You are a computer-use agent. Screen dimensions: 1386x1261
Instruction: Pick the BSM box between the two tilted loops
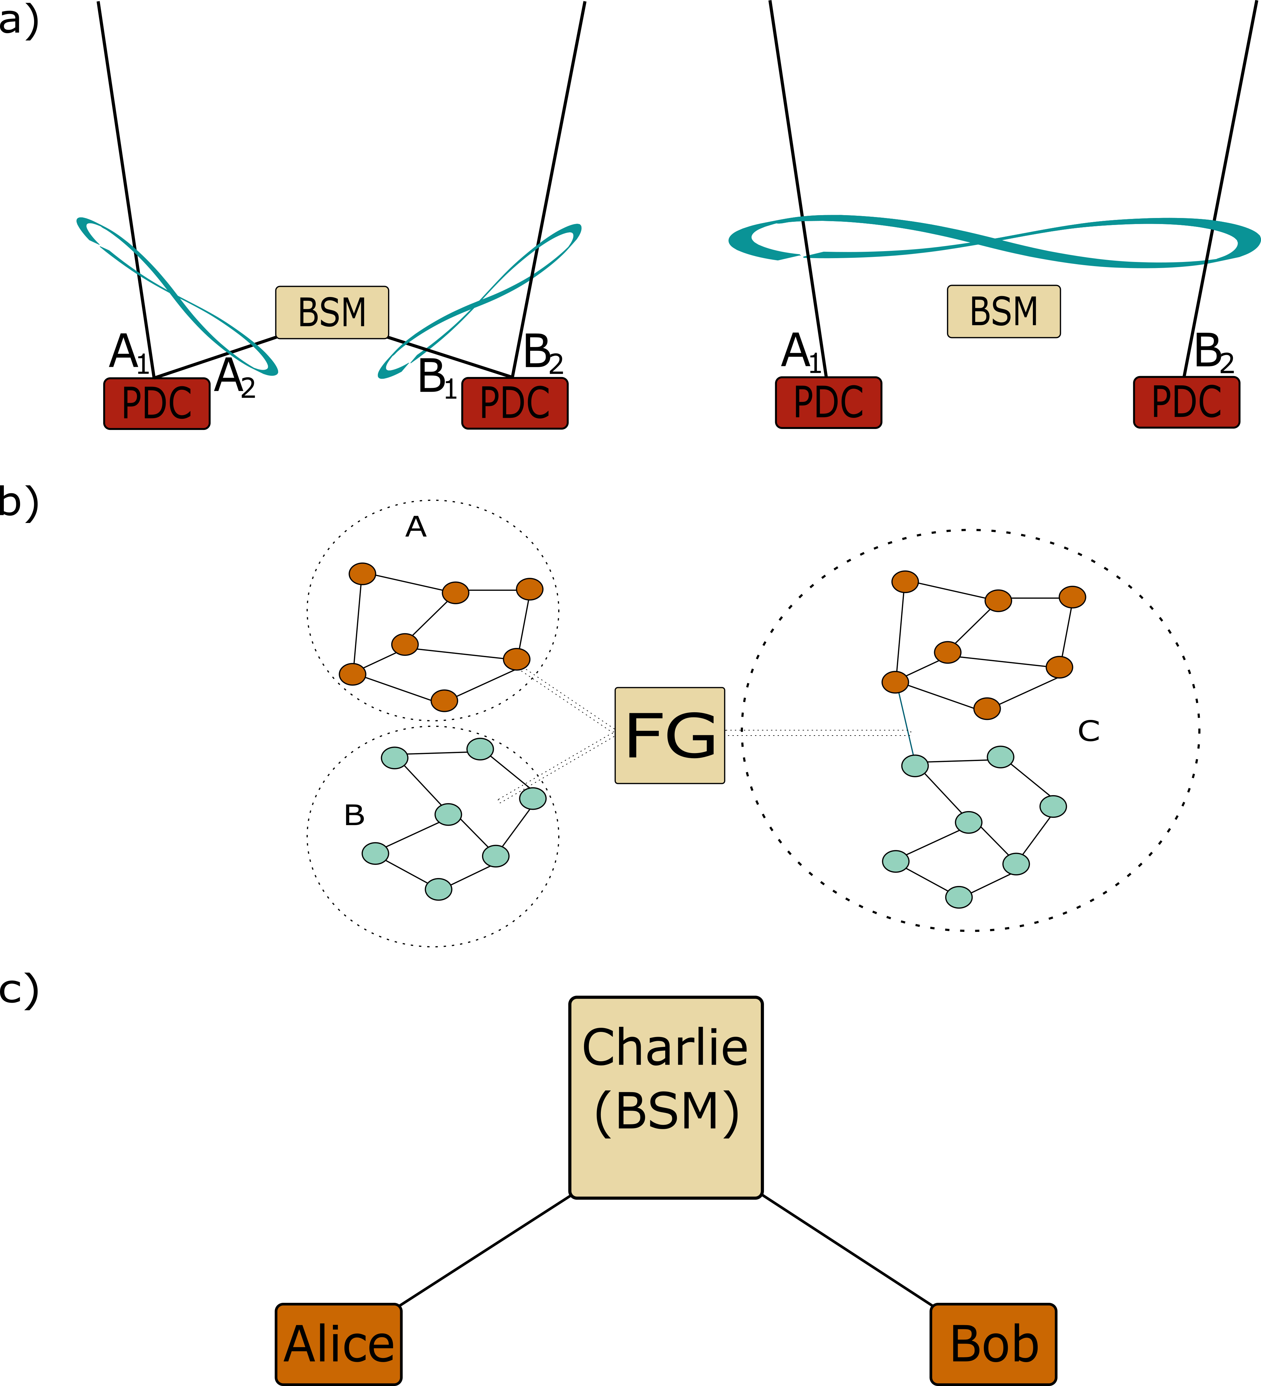pos(332,312)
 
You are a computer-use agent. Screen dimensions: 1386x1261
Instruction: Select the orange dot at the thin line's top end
pos(895,682)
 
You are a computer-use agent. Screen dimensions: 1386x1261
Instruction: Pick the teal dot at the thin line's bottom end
pos(915,765)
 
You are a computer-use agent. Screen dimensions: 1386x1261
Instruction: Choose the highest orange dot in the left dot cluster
pos(362,573)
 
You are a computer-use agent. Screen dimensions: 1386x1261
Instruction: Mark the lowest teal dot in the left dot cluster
pos(438,889)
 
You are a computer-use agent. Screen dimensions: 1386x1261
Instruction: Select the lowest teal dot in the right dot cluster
pos(959,896)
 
